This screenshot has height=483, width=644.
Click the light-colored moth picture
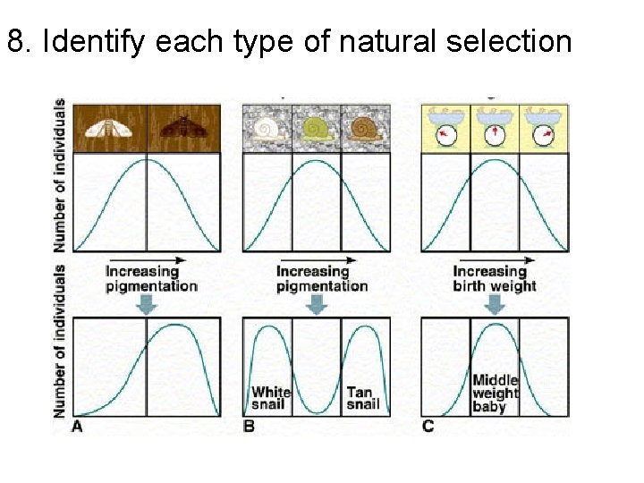(109, 129)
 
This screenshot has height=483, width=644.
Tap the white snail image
(267, 129)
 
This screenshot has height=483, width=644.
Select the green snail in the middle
(316, 129)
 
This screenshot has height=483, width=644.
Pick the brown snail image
(365, 129)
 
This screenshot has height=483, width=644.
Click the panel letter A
(78, 427)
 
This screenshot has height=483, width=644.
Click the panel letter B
(249, 427)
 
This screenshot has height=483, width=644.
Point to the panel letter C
(428, 427)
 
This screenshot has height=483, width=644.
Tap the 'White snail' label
(270, 398)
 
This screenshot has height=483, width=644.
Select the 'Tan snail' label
(362, 398)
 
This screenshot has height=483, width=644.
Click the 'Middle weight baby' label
(495, 394)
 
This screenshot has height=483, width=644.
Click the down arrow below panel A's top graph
(148, 304)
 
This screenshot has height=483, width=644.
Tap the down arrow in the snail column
(316, 304)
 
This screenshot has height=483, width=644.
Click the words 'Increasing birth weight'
(494, 278)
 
